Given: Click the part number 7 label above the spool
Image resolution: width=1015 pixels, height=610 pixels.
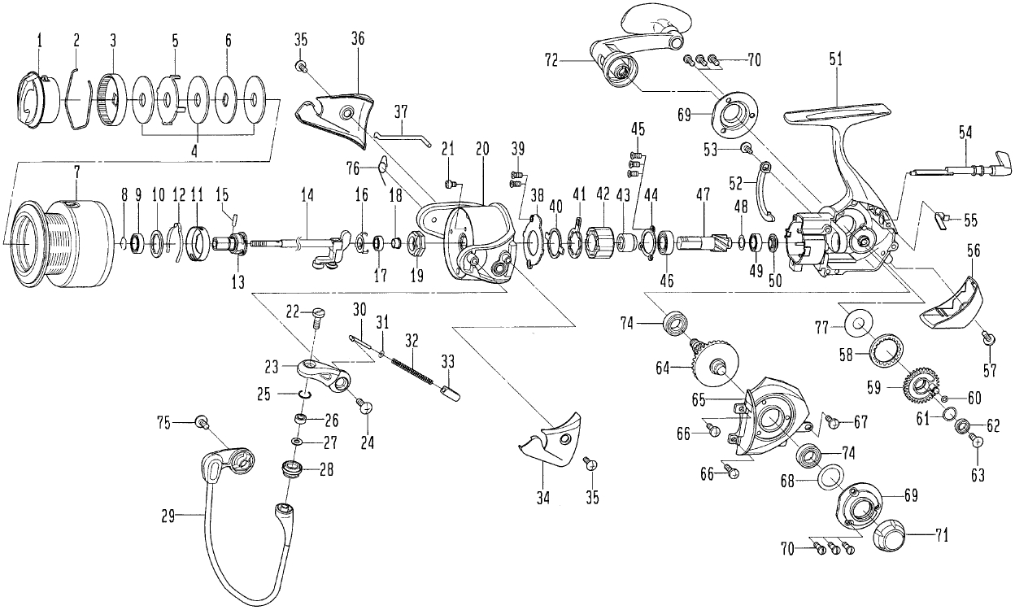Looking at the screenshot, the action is click(x=76, y=172).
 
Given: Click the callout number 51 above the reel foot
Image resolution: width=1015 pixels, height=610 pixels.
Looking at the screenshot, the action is click(x=835, y=60).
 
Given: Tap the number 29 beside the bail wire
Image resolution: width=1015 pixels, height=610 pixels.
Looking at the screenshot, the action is click(x=168, y=516).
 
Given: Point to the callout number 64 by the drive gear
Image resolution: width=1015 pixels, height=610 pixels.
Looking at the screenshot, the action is click(x=662, y=368).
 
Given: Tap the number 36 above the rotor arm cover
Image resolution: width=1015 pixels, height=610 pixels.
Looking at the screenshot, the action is click(x=357, y=38).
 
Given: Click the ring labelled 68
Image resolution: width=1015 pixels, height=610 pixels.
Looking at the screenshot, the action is click(x=830, y=478).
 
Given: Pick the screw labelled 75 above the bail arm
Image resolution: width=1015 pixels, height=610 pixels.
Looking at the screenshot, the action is click(x=201, y=423).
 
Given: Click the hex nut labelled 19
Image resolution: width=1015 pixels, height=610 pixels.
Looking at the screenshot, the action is click(x=416, y=243).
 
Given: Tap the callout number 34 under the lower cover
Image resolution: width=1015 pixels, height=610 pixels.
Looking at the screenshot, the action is click(x=543, y=498).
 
